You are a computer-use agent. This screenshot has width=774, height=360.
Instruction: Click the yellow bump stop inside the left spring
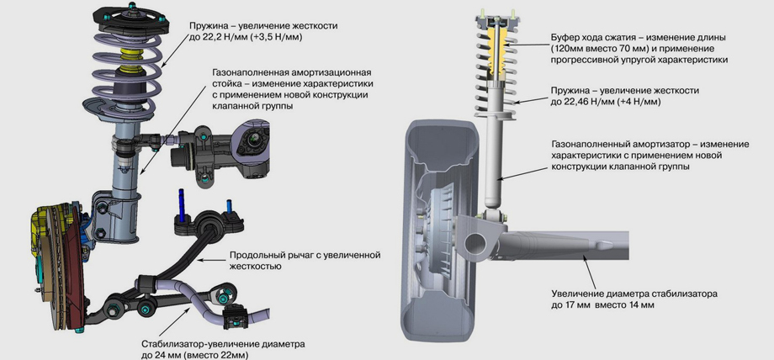pyautogui.click(x=129, y=61)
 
